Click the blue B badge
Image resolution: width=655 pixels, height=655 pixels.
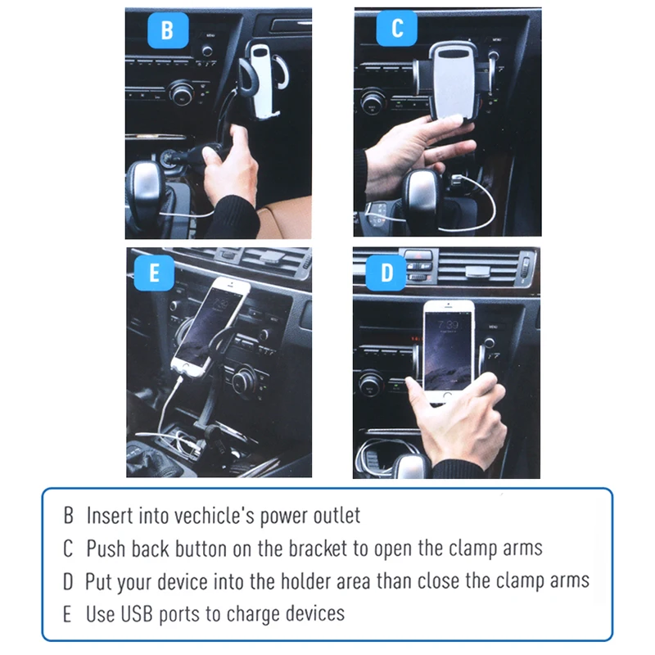click(x=168, y=30)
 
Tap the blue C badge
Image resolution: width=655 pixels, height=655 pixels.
click(x=397, y=28)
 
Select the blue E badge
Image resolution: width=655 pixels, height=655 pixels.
click(x=154, y=273)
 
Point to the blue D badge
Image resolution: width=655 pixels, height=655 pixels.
click(x=386, y=273)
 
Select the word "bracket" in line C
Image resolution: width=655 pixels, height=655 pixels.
click(x=318, y=549)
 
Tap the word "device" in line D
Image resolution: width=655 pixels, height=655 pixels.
click(x=182, y=581)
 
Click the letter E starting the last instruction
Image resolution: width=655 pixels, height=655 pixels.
click(x=67, y=614)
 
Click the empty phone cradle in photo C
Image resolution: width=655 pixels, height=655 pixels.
click(x=454, y=81)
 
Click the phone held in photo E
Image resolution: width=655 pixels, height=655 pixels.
click(x=210, y=326)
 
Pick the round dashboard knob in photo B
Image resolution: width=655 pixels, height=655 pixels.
click(x=182, y=92)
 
